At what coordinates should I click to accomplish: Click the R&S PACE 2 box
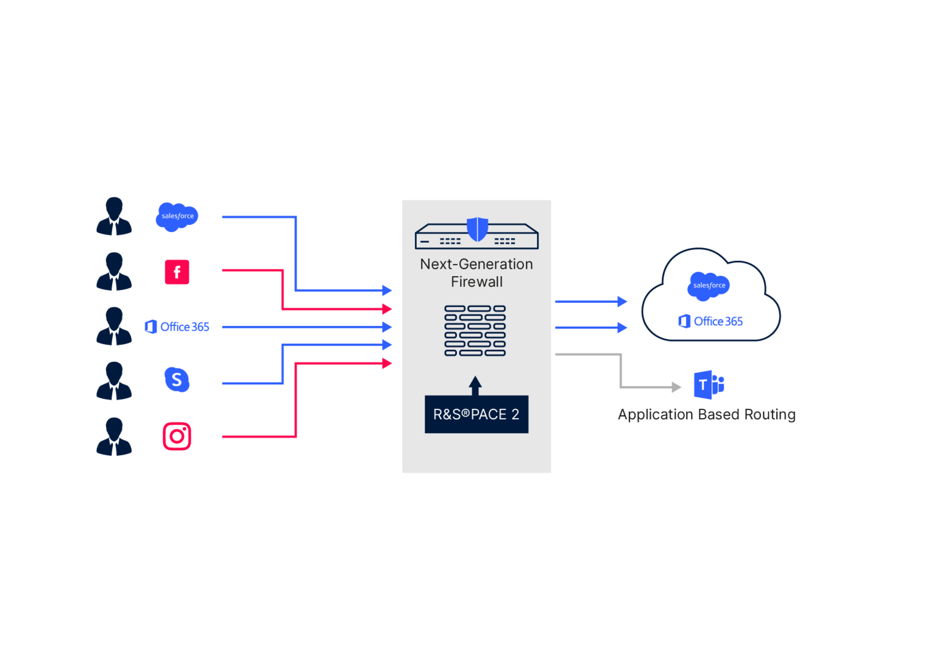pyautogui.click(x=476, y=414)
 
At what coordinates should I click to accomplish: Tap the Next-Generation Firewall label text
pyautogui.click(x=476, y=273)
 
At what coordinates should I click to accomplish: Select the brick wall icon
pyautogui.click(x=475, y=331)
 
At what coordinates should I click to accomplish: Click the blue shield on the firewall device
pyautogui.click(x=477, y=229)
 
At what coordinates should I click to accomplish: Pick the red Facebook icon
pyautogui.click(x=177, y=272)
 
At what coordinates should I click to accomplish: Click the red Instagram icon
pyautogui.click(x=177, y=436)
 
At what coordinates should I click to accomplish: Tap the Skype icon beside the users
pyautogui.click(x=177, y=380)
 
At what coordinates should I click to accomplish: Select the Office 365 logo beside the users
pyautogui.click(x=177, y=327)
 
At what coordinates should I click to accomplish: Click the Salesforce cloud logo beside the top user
pyautogui.click(x=177, y=216)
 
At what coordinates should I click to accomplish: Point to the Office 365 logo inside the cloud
pyautogui.click(x=710, y=321)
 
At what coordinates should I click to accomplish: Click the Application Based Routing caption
pyautogui.click(x=706, y=415)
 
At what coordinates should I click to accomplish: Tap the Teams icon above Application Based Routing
pyautogui.click(x=709, y=384)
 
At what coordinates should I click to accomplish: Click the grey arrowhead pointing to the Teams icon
pyautogui.click(x=676, y=387)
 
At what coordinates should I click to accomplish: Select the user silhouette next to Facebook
pyautogui.click(x=114, y=272)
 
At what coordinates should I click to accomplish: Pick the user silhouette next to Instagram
pyautogui.click(x=114, y=436)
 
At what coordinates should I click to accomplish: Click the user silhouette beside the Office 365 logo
pyautogui.click(x=114, y=327)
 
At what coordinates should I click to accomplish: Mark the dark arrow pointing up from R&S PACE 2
pyautogui.click(x=475, y=386)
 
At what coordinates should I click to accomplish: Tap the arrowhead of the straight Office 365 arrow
pyautogui.click(x=388, y=327)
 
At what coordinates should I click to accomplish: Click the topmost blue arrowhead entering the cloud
pyautogui.click(x=622, y=302)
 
